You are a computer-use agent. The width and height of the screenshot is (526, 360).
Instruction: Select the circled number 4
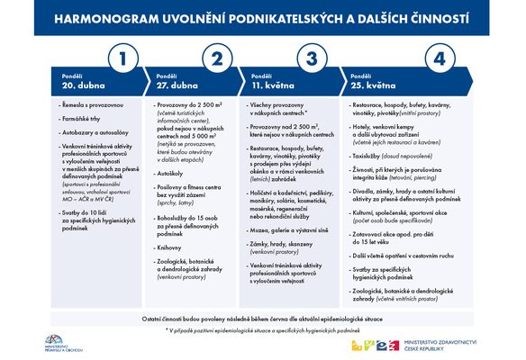pos(439,60)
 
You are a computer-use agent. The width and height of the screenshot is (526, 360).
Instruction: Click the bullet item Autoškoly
pos(170,172)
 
